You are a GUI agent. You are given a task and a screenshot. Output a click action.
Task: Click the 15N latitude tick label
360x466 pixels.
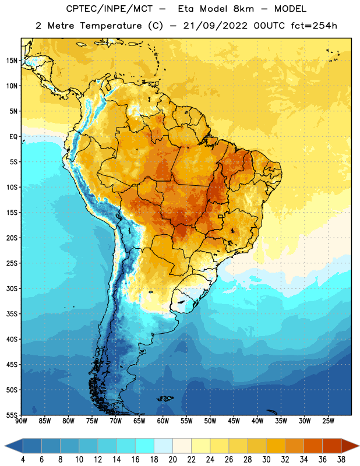click(12, 61)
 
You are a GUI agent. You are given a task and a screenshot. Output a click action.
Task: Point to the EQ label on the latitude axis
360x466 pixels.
click(13, 137)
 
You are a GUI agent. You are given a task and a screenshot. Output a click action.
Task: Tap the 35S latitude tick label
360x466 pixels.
click(12, 314)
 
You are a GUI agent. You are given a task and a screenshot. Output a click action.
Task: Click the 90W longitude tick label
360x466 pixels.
click(21, 421)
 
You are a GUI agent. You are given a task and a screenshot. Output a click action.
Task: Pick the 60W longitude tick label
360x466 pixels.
click(163, 421)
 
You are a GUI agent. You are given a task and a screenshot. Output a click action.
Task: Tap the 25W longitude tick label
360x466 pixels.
click(328, 421)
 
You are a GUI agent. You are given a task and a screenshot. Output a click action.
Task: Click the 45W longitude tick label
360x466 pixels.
click(234, 421)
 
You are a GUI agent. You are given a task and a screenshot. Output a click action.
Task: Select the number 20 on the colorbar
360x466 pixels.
click(172, 460)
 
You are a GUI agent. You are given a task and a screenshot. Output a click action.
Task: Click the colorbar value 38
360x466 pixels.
click(341, 460)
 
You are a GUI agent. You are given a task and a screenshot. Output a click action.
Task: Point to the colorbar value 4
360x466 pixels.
click(23, 460)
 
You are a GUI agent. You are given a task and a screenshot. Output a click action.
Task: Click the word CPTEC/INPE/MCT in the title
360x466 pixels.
click(109, 9)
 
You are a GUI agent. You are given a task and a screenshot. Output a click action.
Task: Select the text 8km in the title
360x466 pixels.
click(243, 9)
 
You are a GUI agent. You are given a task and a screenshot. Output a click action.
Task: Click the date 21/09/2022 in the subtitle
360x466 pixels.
click(216, 26)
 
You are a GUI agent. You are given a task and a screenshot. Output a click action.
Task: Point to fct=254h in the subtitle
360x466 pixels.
click(314, 26)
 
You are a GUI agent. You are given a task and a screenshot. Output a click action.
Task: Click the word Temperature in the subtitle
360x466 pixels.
click(111, 26)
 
